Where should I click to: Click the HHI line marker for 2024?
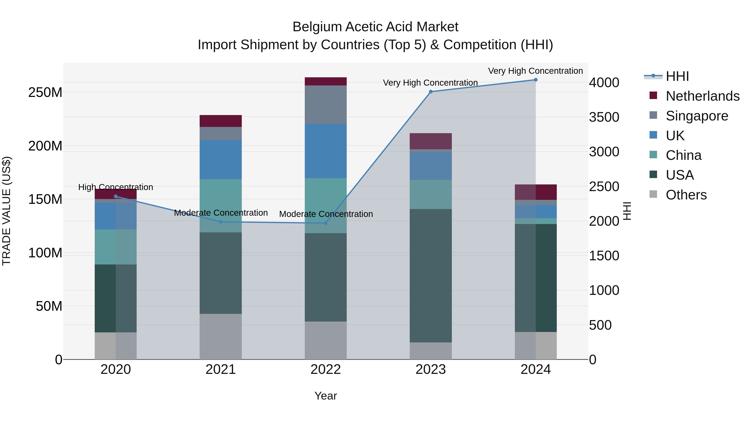click(536, 80)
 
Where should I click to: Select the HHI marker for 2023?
click(431, 92)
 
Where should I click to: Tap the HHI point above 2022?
click(326, 223)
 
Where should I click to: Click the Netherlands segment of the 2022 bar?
click(326, 81)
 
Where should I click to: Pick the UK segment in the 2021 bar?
click(221, 160)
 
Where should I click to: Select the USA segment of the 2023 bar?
click(431, 275)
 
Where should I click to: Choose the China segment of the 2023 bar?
click(431, 194)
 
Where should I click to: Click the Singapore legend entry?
click(697, 116)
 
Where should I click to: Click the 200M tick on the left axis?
click(45, 146)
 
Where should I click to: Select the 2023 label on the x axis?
click(431, 369)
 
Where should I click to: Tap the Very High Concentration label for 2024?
click(535, 71)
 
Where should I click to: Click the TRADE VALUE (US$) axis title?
click(6, 211)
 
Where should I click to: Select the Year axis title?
click(326, 396)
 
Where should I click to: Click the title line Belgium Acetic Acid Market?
click(375, 27)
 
